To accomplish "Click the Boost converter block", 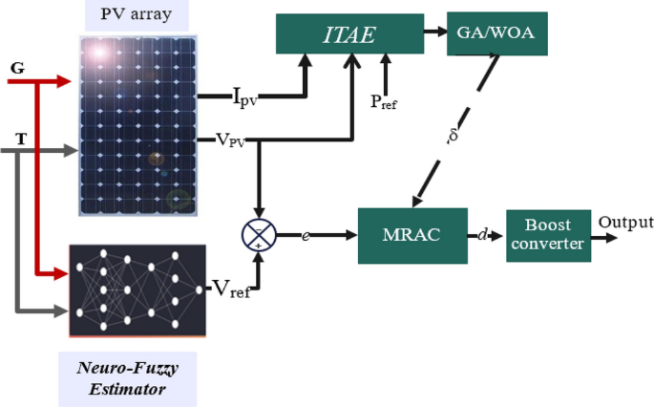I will [x=547, y=234].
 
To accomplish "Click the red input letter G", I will [x=17, y=68].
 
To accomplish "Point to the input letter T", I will [x=20, y=139].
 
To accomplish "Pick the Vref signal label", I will [x=229, y=289].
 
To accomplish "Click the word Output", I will [x=625, y=224].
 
